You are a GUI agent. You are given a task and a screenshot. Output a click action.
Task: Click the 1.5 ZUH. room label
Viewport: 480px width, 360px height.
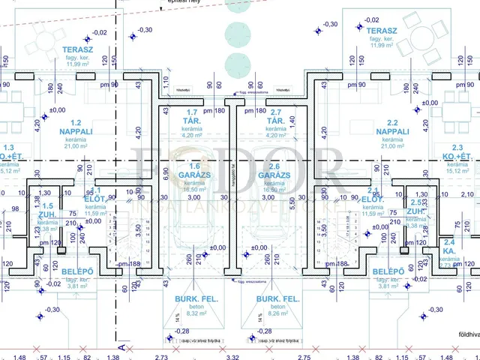46,211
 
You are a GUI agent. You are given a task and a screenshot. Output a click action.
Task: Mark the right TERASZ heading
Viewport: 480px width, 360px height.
382,31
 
